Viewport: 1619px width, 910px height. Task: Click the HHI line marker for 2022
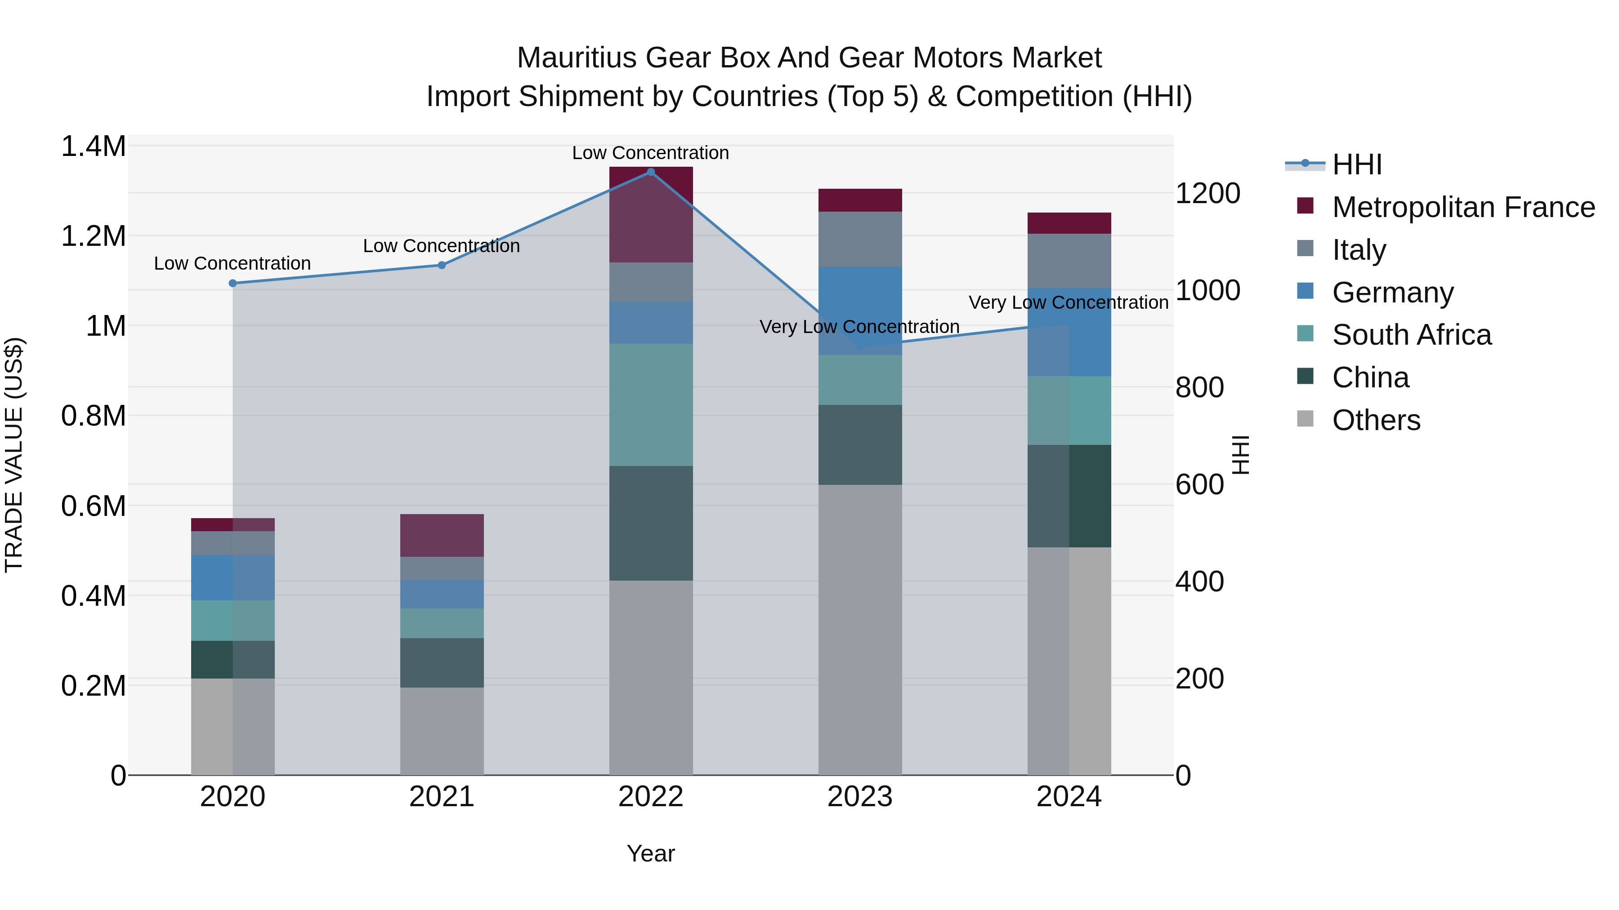coord(650,172)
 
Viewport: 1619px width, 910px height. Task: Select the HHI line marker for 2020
coord(233,283)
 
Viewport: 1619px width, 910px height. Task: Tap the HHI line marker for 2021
coord(442,265)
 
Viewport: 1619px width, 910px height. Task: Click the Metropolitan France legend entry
coord(1463,207)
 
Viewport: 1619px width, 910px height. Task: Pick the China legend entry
coord(1370,377)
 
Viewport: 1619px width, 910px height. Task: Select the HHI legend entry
coord(1356,164)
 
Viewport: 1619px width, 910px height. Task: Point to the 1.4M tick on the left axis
coord(93,146)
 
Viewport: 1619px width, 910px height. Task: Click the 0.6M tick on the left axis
coord(93,506)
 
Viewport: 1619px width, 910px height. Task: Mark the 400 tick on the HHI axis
coord(1199,582)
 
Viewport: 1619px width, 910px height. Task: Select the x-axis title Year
coord(650,853)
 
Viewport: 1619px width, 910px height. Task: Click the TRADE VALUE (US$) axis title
coord(14,455)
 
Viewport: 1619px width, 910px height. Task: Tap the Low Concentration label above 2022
coord(650,153)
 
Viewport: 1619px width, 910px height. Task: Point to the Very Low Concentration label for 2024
coord(1069,303)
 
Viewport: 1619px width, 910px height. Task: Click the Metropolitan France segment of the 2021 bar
coord(442,535)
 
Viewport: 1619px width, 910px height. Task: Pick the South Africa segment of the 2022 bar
coord(650,404)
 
